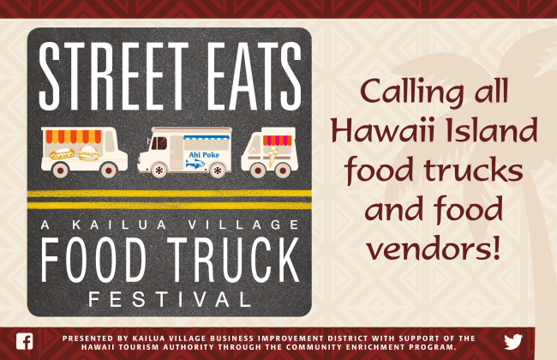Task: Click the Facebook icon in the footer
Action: tap(25, 341)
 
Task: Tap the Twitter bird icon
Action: tap(513, 341)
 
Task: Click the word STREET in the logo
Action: tap(113, 76)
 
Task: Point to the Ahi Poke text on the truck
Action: tap(204, 154)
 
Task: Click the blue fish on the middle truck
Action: tap(195, 164)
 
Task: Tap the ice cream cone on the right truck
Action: tap(273, 156)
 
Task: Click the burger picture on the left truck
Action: tap(89, 153)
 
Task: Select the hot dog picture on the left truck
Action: tap(63, 154)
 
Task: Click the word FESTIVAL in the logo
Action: tap(170, 299)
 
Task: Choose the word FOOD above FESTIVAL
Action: tap(93, 260)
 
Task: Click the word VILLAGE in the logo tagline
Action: tap(243, 225)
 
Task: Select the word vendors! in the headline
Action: tap(434, 247)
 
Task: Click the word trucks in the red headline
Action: tap(473, 170)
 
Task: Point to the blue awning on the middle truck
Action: tap(207, 137)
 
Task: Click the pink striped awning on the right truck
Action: tap(277, 141)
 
